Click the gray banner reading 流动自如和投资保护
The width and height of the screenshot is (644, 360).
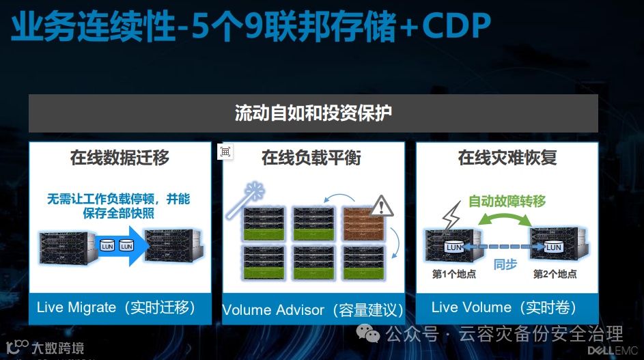pyautogui.click(x=313, y=113)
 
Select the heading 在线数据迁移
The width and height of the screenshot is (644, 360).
pyautogui.click(x=120, y=158)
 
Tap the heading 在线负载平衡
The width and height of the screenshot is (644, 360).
pyautogui.click(x=311, y=158)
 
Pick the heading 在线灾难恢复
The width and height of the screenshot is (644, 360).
pyautogui.click(x=507, y=158)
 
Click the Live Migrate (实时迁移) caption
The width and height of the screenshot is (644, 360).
pyautogui.click(x=116, y=307)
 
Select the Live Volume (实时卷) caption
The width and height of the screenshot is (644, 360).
pyautogui.click(x=504, y=307)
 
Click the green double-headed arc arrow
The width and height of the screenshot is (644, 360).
pyautogui.click(x=505, y=218)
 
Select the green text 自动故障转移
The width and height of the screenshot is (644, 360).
pyautogui.click(x=507, y=202)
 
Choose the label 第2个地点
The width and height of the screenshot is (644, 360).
pyautogui.click(x=555, y=274)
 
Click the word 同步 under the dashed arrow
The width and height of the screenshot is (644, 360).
pyautogui.click(x=505, y=264)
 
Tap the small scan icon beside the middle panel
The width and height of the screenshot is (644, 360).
pyautogui.click(x=225, y=152)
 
